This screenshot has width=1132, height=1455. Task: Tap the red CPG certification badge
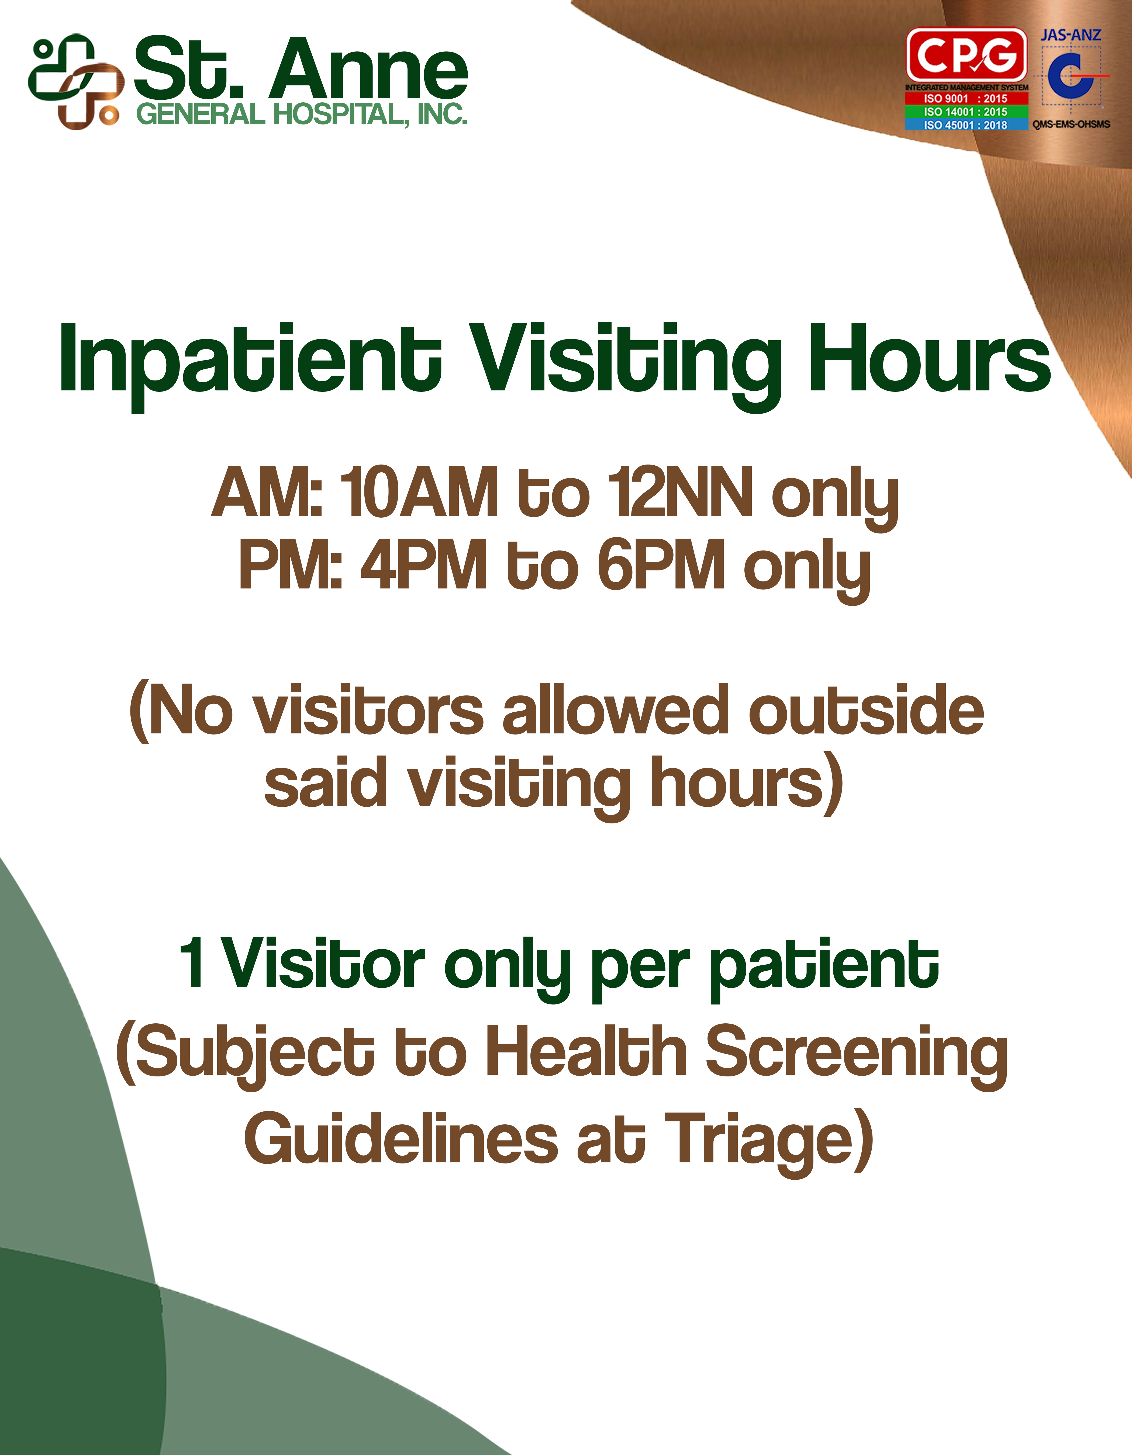click(966, 55)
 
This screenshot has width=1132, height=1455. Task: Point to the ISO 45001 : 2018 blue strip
click(966, 124)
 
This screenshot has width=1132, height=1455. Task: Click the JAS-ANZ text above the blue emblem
click(1071, 35)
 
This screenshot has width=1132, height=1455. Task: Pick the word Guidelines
click(401, 1139)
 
